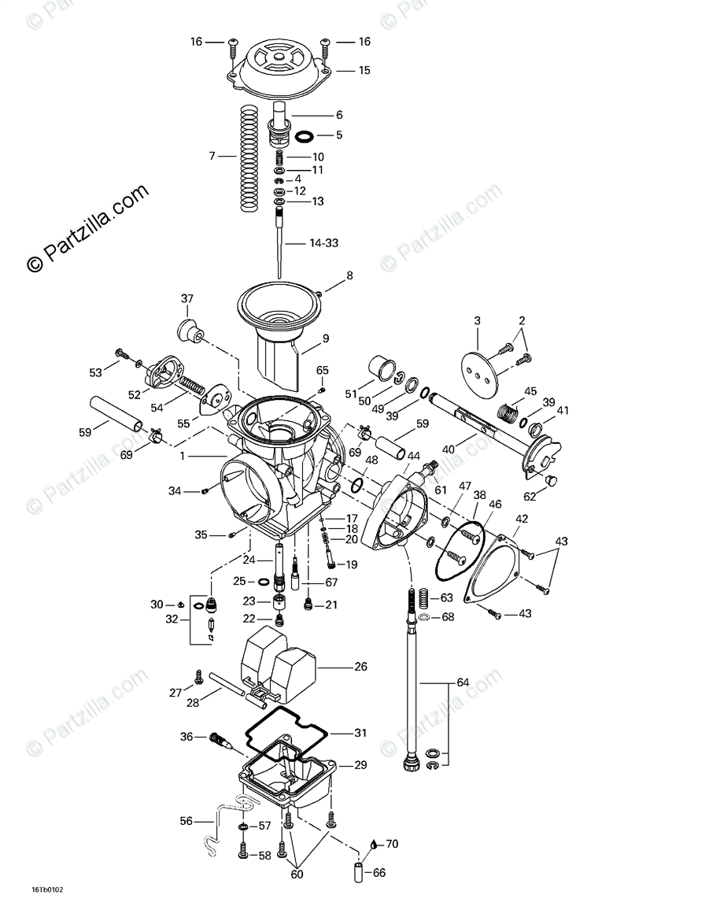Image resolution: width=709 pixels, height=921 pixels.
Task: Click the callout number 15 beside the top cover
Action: click(x=364, y=70)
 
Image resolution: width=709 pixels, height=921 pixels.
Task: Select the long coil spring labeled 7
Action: click(x=248, y=157)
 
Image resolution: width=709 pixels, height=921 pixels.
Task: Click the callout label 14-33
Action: click(x=323, y=243)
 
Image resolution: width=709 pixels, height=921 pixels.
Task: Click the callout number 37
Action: click(x=186, y=299)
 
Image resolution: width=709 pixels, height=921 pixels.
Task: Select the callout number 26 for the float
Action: click(x=360, y=667)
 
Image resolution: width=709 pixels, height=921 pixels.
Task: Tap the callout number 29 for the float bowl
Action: click(x=360, y=764)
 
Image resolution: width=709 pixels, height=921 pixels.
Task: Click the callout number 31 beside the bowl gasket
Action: click(x=360, y=733)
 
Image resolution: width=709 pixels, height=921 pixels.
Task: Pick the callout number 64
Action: click(x=463, y=682)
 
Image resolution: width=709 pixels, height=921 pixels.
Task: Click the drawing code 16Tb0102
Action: click(x=47, y=890)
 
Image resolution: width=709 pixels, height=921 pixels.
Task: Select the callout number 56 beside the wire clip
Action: click(x=186, y=821)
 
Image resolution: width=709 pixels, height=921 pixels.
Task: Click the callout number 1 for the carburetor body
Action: click(x=183, y=457)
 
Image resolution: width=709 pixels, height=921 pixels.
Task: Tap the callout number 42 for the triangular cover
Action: click(x=521, y=519)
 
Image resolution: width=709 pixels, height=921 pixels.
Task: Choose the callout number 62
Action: click(x=529, y=497)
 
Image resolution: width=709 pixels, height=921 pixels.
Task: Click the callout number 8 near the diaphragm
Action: click(x=349, y=276)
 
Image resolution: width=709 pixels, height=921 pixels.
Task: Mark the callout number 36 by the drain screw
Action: click(x=186, y=737)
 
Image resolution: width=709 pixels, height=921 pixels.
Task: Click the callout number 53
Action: click(x=95, y=372)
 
